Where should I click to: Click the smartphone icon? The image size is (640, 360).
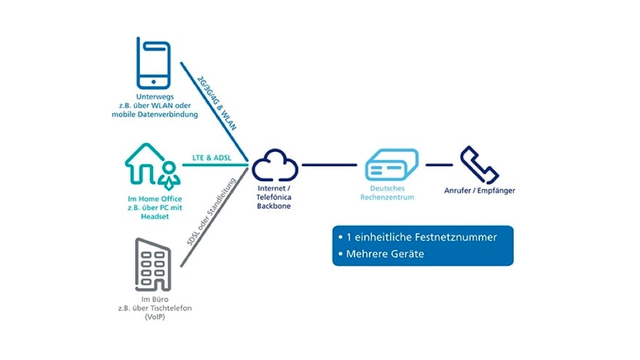[154, 64]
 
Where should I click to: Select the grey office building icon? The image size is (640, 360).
[153, 264]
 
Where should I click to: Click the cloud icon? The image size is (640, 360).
[275, 166]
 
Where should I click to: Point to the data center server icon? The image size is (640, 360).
[391, 166]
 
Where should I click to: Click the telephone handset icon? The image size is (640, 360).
[479, 165]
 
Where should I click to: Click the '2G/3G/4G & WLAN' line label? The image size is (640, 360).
[217, 102]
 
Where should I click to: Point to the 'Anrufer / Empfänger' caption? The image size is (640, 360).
[479, 191]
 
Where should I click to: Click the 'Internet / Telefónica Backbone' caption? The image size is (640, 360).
[274, 197]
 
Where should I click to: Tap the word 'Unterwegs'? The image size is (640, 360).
[154, 97]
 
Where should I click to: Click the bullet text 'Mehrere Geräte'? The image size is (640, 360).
[385, 254]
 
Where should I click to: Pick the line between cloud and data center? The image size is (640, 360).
[329, 166]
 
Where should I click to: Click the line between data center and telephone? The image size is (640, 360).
[439, 166]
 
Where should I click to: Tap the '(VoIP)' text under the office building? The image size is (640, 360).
[154, 317]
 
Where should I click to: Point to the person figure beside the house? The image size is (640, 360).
[169, 175]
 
